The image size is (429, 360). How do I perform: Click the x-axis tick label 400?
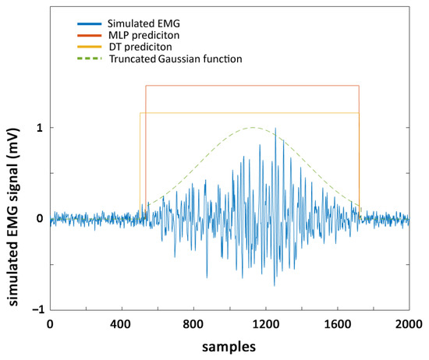(x=122, y=323)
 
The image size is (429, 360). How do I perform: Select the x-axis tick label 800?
(x=193, y=323)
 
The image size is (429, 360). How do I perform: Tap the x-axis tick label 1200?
(x=265, y=323)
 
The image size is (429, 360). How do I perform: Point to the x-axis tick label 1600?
(x=337, y=323)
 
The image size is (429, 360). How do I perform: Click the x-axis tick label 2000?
(x=409, y=323)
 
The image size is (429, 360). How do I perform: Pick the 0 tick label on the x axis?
(x=50, y=323)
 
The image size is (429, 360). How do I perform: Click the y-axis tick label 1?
(x=38, y=128)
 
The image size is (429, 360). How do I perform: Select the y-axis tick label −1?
(x=36, y=309)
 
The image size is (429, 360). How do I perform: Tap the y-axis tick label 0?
(x=38, y=219)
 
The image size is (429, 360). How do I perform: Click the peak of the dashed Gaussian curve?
(x=252, y=127)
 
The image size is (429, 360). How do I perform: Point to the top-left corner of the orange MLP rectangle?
(x=146, y=86)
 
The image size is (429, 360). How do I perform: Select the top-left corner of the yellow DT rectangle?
(x=140, y=113)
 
